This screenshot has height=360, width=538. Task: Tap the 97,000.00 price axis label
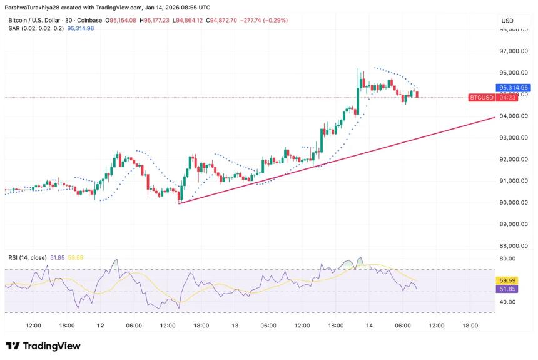513,51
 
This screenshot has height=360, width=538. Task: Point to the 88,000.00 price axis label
513,245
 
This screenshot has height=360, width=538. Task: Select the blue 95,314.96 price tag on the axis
514,88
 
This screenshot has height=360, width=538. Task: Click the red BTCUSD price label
482,98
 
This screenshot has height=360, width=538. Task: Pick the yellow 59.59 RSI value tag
506,281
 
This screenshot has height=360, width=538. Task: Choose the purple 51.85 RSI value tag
506,289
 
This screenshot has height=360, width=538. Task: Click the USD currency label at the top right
507,21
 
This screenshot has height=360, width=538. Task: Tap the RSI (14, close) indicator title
28,257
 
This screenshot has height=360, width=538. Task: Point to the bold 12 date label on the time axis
101,326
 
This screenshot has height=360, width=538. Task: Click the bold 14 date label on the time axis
370,326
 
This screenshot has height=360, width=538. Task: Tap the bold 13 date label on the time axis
235,326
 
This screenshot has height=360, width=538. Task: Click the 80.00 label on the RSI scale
507,259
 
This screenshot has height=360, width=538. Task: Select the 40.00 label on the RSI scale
507,302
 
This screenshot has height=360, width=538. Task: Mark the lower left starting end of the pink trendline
179,203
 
